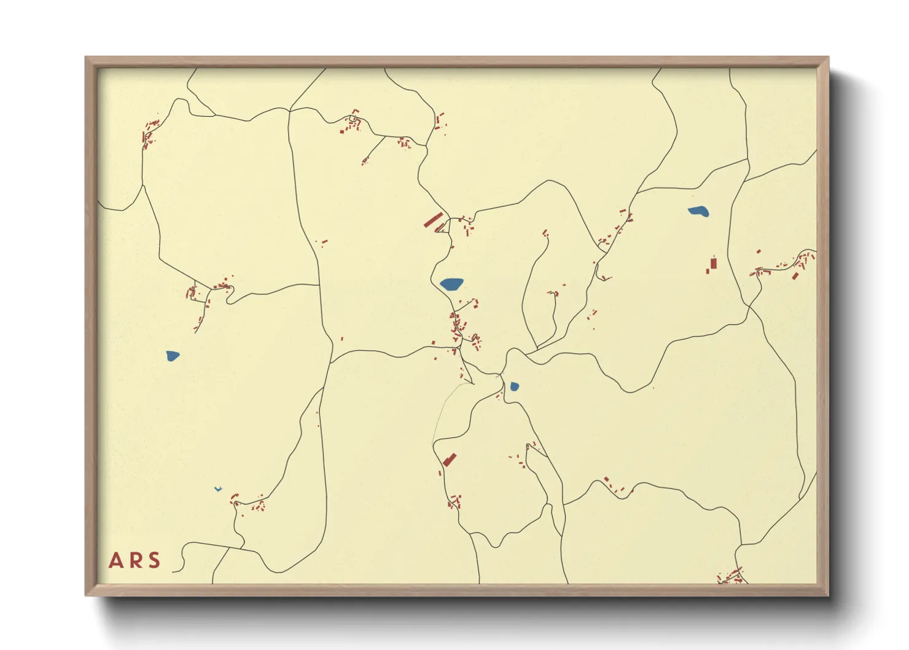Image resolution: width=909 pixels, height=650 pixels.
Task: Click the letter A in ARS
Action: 115,560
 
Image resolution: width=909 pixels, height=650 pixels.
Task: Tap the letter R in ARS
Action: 135,560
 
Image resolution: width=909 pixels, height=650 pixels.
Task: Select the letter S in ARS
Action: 154,560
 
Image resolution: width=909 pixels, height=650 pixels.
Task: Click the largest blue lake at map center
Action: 451,284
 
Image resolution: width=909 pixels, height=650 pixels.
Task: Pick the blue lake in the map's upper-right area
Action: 698,212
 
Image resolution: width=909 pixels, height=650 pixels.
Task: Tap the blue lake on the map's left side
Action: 173,356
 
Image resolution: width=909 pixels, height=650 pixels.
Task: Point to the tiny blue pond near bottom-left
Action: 217,489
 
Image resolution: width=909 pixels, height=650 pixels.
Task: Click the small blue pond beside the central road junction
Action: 514,386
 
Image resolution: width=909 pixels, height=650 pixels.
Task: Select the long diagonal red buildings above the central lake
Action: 433,220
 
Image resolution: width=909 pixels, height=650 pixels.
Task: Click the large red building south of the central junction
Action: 450,460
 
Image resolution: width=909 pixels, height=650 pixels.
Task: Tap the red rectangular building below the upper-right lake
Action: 713,265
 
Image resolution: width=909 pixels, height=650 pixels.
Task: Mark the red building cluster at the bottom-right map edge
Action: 731,577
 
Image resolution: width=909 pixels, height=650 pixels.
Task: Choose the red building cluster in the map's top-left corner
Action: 149,133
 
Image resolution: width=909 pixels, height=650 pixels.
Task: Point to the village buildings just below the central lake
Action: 457,326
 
